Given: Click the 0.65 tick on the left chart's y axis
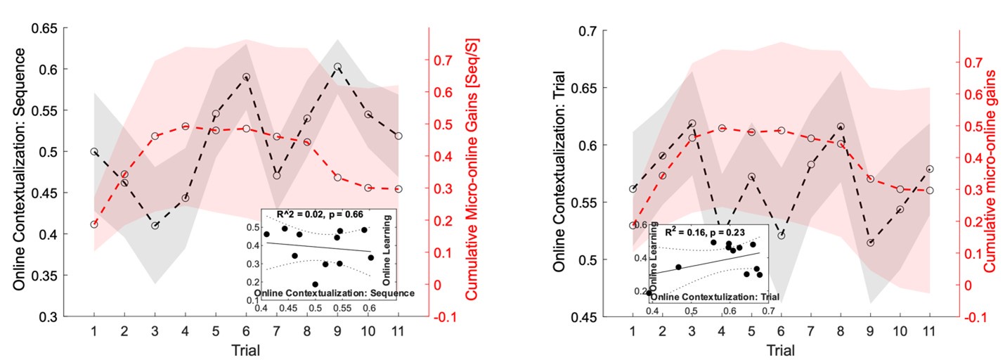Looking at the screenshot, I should (46, 29).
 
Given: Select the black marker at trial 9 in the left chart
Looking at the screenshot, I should (337, 67).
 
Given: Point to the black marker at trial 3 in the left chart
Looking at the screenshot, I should (155, 225).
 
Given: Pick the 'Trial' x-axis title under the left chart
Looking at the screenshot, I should (246, 349).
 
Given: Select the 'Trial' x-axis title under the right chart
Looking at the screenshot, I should (781, 349).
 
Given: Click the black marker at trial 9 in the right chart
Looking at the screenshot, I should (871, 243).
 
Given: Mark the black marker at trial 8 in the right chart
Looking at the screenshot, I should (841, 127).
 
